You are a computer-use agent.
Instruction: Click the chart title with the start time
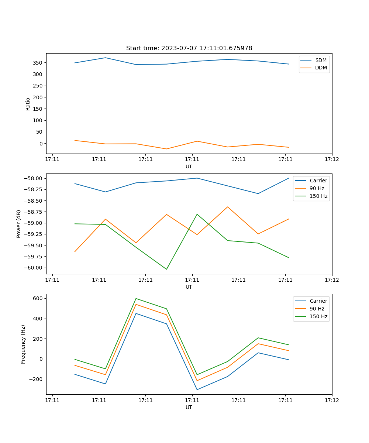tap(189, 48)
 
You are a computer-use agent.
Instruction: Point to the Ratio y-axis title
tap(28, 104)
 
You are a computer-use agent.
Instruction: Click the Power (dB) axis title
tap(19, 224)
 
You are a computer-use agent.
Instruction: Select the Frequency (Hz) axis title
tap(23, 344)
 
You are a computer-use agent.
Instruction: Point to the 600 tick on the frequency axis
tap(38, 298)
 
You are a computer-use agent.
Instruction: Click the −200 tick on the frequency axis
tap(37, 379)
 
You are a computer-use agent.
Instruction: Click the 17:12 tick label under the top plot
tap(332, 159)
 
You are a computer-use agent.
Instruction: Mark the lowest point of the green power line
tap(166, 269)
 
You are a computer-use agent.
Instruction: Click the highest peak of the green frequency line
tap(136, 298)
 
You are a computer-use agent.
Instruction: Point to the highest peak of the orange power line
tap(228, 207)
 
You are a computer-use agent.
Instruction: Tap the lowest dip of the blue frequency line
tap(197, 389)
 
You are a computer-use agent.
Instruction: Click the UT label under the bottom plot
tap(189, 407)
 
